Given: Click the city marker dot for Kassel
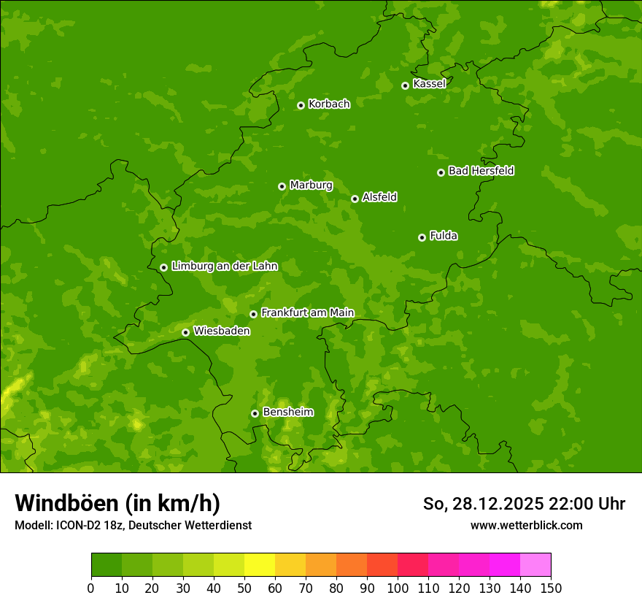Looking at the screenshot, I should click(x=406, y=85).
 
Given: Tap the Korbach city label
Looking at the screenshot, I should click(x=329, y=104).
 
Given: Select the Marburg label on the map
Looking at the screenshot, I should click(x=311, y=185).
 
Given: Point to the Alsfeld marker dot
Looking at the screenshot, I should click(x=355, y=199).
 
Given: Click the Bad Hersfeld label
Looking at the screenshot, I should click(x=481, y=171).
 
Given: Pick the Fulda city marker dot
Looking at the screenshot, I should click(x=422, y=237).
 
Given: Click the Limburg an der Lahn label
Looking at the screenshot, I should click(x=224, y=266).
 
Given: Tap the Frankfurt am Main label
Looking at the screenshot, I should click(x=307, y=313).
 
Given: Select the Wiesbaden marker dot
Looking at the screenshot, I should click(x=186, y=332).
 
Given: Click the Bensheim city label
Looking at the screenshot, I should click(x=287, y=413).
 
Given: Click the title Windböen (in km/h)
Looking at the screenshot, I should click(x=117, y=503).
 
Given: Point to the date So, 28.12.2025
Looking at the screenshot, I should click(x=482, y=504).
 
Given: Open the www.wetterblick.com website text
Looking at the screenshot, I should click(x=526, y=525).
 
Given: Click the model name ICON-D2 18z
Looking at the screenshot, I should click(x=84, y=525).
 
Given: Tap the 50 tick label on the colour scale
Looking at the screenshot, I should click(x=244, y=587).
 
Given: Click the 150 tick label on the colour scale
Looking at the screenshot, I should click(x=551, y=587).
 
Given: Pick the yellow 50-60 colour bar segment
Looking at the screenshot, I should click(x=260, y=565).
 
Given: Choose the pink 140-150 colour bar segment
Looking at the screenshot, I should click(x=535, y=565).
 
